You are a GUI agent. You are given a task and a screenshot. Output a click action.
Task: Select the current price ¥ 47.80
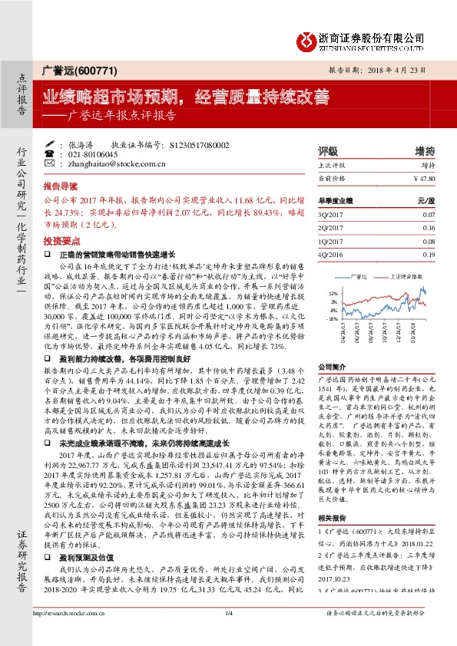[424, 178]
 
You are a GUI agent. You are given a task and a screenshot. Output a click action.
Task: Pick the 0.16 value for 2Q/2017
[429, 229]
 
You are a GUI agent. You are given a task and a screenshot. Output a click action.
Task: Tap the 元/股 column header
[426, 200]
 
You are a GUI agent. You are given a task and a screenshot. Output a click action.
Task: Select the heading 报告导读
[60, 186]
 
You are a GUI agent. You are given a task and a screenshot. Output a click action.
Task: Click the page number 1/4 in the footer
[228, 633]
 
